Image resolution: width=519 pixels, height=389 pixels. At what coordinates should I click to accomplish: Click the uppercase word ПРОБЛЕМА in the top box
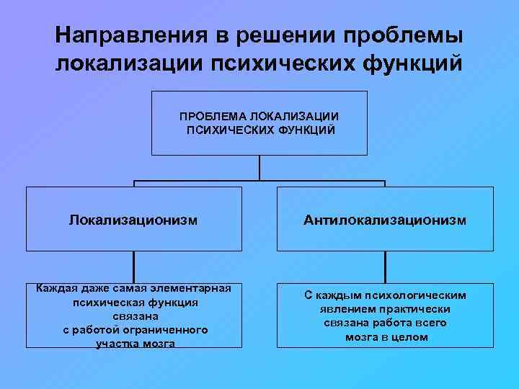click(x=214, y=116)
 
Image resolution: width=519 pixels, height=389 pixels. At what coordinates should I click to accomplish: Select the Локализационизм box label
click(x=133, y=218)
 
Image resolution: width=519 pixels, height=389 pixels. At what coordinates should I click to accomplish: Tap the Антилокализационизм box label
click(x=386, y=218)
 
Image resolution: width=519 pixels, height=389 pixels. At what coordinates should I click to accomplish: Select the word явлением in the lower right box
click(x=347, y=309)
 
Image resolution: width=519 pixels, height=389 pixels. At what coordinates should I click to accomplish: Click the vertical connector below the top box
click(x=259, y=167)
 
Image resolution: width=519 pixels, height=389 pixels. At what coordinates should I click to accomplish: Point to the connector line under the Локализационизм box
click(x=133, y=267)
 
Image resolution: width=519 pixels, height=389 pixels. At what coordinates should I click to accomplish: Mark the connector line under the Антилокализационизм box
click(x=386, y=267)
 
